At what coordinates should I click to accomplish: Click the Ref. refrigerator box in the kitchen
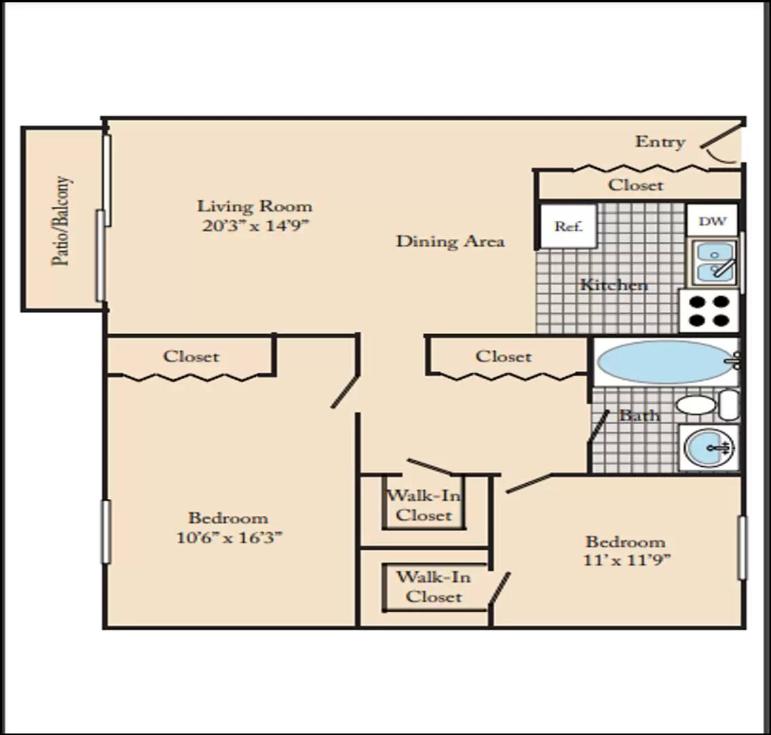(569, 226)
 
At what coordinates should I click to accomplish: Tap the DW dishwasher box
(712, 220)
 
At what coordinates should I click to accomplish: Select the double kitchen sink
(715, 263)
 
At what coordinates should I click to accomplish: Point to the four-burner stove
(709, 310)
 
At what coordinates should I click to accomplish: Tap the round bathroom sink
(708, 448)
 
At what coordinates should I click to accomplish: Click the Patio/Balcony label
(61, 220)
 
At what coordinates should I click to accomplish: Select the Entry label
(660, 142)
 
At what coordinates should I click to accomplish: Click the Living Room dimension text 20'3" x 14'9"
(255, 225)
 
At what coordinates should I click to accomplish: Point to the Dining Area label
(450, 241)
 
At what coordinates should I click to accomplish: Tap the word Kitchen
(614, 284)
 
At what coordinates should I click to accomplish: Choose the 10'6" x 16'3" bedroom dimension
(229, 538)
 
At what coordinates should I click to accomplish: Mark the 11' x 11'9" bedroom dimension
(627, 559)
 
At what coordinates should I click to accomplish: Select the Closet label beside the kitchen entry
(635, 184)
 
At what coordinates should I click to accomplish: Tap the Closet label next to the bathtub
(503, 356)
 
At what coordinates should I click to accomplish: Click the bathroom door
(599, 426)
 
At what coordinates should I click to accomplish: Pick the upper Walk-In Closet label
(424, 505)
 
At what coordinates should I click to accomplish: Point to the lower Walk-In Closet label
(434, 587)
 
